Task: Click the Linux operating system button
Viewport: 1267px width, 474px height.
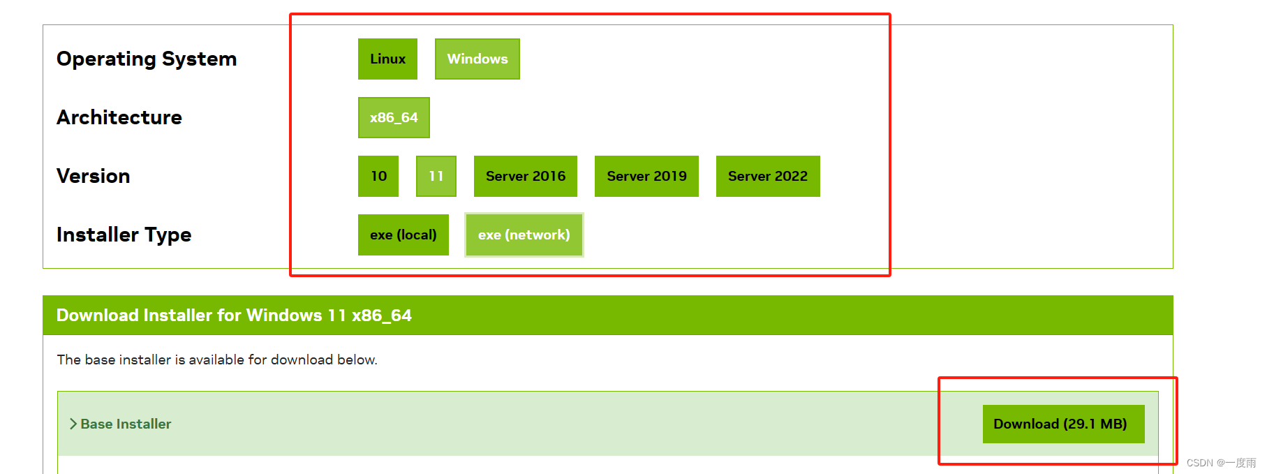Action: [x=387, y=59]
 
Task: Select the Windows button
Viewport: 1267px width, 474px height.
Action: [x=477, y=59]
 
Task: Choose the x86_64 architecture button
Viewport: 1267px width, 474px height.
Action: [x=394, y=117]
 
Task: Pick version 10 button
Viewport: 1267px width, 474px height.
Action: [x=378, y=176]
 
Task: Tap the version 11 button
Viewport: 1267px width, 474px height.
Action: [x=436, y=176]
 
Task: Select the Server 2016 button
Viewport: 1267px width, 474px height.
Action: [x=526, y=176]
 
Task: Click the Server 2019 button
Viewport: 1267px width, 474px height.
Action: [x=646, y=176]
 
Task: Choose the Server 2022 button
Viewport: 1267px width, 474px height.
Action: [x=768, y=176]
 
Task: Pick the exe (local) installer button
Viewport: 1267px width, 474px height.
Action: [x=403, y=235]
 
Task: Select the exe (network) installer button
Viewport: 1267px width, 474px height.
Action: [x=524, y=235]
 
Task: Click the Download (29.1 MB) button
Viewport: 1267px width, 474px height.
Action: [x=1063, y=424]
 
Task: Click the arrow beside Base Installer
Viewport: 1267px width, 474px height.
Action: [x=73, y=424]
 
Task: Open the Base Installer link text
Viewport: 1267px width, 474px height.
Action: [x=126, y=424]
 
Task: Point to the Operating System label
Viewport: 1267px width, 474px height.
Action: [x=147, y=59]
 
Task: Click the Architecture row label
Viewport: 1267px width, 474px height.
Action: [x=119, y=117]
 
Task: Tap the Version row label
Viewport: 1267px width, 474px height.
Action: [x=94, y=176]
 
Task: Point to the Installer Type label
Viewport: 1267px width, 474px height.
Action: [x=124, y=235]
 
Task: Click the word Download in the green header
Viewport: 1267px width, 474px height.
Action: [x=98, y=316]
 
